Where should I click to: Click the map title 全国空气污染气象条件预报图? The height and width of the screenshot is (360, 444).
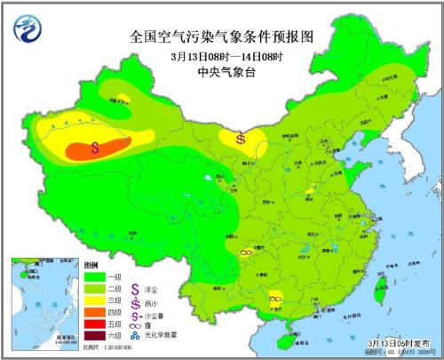(x=221, y=36)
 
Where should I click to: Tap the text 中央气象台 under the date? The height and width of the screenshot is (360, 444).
(x=221, y=73)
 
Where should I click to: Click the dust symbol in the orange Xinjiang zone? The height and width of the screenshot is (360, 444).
(x=95, y=149)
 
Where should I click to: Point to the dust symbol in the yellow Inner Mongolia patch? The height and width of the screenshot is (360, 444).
(x=242, y=139)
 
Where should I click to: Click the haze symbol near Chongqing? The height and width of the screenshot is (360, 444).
(x=248, y=252)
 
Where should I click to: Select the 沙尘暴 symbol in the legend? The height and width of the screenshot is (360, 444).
(x=136, y=314)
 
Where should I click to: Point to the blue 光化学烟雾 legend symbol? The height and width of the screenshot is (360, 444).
(x=136, y=338)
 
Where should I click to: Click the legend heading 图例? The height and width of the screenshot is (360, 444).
(x=89, y=266)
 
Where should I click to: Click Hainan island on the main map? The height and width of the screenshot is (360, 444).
(x=281, y=337)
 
